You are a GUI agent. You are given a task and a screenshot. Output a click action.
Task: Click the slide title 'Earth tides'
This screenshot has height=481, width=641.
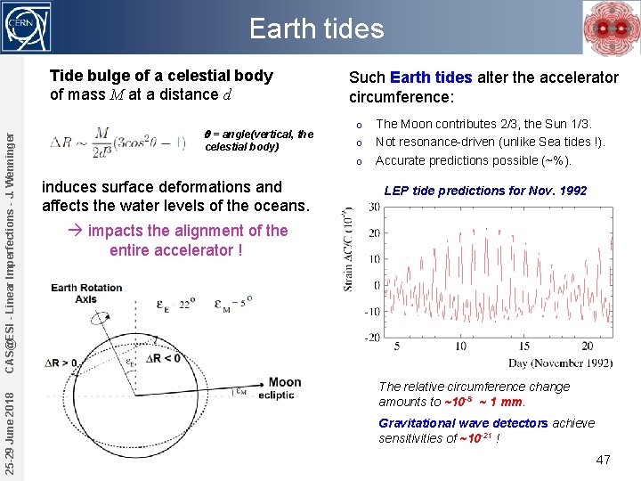[316, 29]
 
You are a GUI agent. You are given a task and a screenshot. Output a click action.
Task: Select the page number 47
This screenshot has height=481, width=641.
[603, 460]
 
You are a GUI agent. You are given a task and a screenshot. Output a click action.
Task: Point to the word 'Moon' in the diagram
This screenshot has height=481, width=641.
[285, 382]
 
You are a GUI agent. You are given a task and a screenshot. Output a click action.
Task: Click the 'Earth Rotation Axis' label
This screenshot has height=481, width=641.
[87, 293]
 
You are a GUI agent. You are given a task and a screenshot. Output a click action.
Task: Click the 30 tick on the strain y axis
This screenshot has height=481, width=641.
[374, 208]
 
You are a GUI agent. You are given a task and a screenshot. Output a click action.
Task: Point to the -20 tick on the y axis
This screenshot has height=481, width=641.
[372, 338]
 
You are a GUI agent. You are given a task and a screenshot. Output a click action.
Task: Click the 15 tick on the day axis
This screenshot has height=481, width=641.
[523, 346]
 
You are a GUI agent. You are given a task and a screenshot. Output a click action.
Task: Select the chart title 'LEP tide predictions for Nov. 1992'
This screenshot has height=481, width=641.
[485, 191]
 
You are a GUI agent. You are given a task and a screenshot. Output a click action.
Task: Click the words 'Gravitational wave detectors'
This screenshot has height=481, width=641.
[463, 423]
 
